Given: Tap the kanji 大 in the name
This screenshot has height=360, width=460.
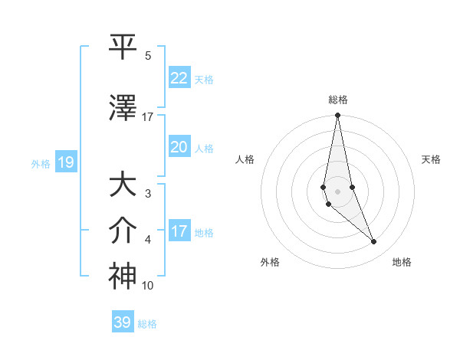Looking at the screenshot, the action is pyautogui.click(x=123, y=185).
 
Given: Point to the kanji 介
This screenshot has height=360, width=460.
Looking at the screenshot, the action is pyautogui.click(x=123, y=231).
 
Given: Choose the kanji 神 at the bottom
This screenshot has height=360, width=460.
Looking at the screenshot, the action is pyautogui.click(x=123, y=276).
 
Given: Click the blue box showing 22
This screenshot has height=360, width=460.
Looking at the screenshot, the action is pyautogui.click(x=179, y=78).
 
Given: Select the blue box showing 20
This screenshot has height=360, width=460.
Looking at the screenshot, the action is pyautogui.click(x=179, y=147).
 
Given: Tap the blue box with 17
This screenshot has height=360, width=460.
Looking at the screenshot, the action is pyautogui.click(x=179, y=231).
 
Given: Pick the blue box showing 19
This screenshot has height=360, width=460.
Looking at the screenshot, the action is pyautogui.click(x=65, y=162).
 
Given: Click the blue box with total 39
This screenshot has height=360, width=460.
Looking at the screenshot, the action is pyautogui.click(x=123, y=322).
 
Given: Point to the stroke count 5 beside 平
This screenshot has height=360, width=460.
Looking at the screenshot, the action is pyautogui.click(x=147, y=56).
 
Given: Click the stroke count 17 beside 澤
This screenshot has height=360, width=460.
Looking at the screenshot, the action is pyautogui.click(x=148, y=117).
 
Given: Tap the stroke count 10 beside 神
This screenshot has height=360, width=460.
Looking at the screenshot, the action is pyautogui.click(x=148, y=286).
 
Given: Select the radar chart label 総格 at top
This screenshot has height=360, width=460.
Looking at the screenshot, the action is pyautogui.click(x=337, y=100).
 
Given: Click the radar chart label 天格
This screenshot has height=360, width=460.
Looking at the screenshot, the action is pyautogui.click(x=432, y=159).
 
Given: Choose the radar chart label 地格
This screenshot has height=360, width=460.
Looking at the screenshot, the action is pyautogui.click(x=402, y=262).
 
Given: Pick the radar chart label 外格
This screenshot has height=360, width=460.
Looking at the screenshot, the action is pyautogui.click(x=270, y=262).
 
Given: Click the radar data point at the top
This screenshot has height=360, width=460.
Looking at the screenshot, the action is pyautogui.click(x=337, y=116).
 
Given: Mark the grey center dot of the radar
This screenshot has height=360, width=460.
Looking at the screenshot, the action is pyautogui.click(x=337, y=191).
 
